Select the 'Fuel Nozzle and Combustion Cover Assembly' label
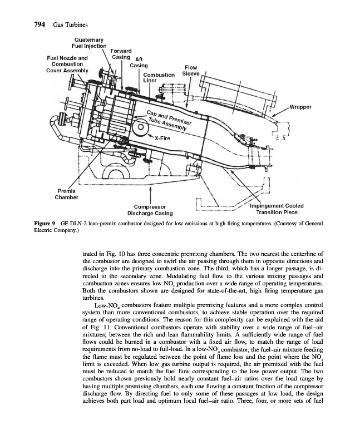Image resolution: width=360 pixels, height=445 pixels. (66, 64)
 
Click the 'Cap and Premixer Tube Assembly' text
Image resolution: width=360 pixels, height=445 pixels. (168, 122)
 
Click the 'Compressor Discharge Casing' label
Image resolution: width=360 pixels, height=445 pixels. (150, 210)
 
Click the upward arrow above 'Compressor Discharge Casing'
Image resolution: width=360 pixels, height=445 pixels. (150, 192)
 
